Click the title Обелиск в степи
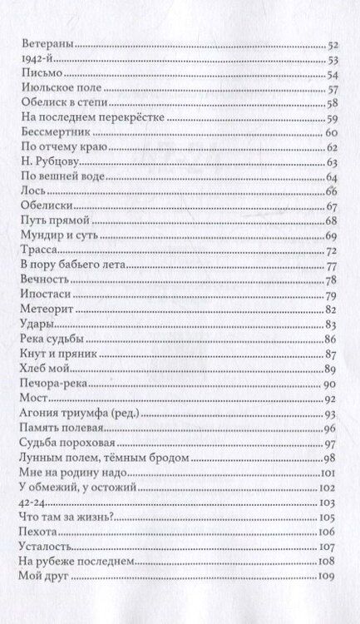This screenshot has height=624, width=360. point(58,104)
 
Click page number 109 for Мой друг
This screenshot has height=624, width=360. point(326,576)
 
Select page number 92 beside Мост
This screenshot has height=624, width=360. point(328,399)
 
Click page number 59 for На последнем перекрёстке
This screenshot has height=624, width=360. point(328,118)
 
